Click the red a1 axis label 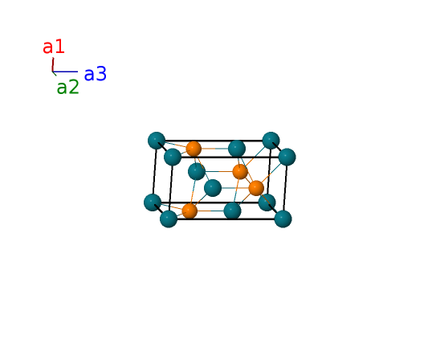tap(54, 47)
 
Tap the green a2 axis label tap(68, 87)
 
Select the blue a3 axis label tap(96, 74)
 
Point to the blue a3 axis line tap(65, 72)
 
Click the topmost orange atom tap(194, 149)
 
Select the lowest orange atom tap(189, 211)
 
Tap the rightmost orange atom tap(256, 188)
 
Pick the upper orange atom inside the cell tap(240, 172)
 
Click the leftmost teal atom tap(153, 202)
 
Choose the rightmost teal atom tap(287, 157)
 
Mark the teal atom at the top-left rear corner tap(157, 141)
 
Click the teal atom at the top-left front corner tap(173, 157)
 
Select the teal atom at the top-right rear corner tap(271, 141)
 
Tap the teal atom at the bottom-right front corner tap(283, 219)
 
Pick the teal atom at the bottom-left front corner tap(169, 219)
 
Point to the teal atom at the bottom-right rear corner tap(267, 202)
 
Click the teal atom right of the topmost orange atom tap(237, 149)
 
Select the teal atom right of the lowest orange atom tap(233, 211)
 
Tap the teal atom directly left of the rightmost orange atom tap(213, 188)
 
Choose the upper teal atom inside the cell tap(197, 172)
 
